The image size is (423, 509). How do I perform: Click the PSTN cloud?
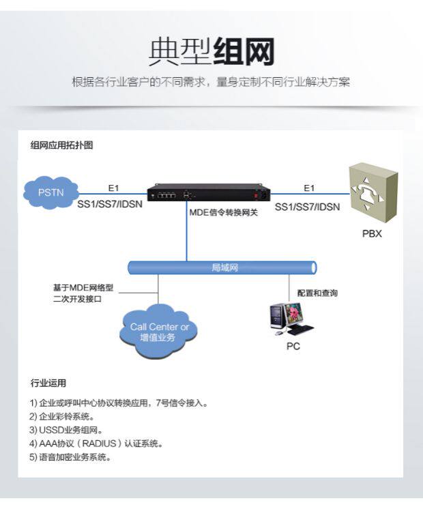50,192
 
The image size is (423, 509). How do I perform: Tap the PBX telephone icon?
372,192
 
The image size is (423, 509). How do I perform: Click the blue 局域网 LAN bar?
224,267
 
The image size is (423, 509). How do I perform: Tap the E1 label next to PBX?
309,188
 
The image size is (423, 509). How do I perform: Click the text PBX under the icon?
372,234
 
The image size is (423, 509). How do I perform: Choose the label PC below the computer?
293,346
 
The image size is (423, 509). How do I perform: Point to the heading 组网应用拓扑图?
61,145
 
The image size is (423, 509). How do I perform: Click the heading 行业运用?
48,383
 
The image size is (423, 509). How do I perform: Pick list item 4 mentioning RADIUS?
96,443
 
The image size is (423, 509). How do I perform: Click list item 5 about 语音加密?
70,457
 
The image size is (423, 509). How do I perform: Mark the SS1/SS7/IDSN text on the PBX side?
307,205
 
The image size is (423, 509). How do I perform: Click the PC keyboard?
300,330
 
